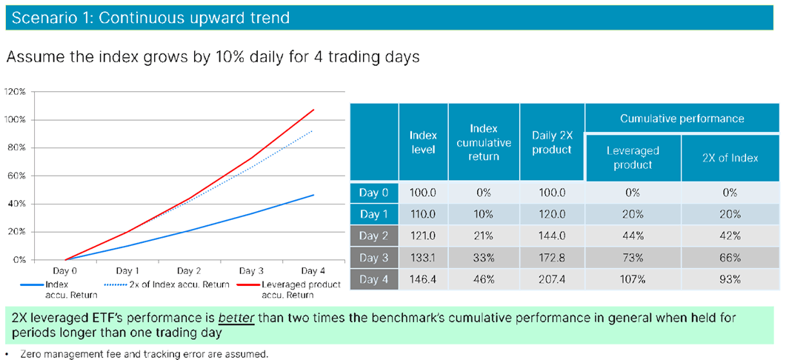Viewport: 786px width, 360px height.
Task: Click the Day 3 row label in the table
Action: tap(373, 258)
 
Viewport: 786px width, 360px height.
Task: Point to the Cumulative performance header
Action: tap(681, 119)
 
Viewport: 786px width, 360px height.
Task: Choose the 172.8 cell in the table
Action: tap(552, 258)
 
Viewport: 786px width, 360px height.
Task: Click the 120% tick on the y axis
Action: tap(16, 91)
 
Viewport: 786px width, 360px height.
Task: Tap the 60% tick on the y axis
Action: tap(17, 176)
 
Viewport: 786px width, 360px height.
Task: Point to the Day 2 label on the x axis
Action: tap(190, 271)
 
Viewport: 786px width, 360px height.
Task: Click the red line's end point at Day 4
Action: tap(314, 110)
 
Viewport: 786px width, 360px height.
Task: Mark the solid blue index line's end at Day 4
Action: tap(314, 195)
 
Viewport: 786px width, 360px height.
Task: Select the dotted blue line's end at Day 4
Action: tap(314, 130)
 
